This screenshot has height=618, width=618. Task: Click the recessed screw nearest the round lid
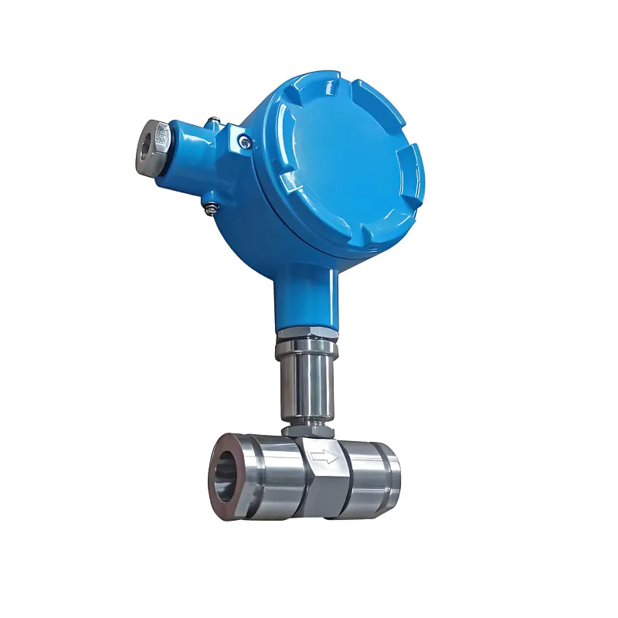pos(244,141)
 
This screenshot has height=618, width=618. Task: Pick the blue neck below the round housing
pos(304,297)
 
